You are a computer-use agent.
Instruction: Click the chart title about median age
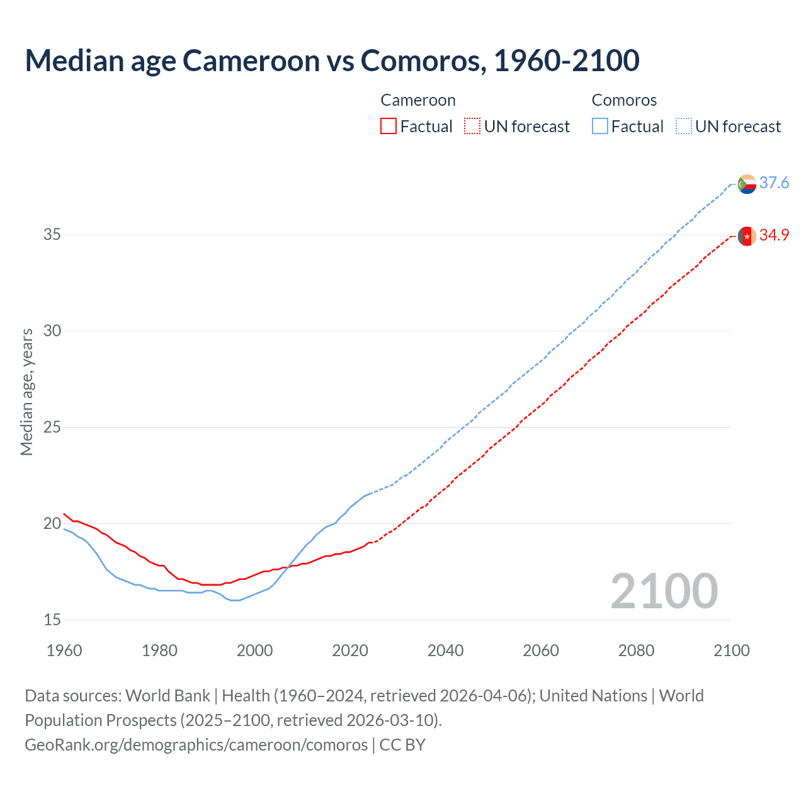[332, 60]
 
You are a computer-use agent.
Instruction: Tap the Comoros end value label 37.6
[774, 183]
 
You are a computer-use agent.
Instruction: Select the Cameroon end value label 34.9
[774, 235]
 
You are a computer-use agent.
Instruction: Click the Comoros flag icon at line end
[747, 184]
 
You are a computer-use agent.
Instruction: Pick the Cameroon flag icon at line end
[747, 236]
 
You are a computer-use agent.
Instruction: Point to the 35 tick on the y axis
[52, 235]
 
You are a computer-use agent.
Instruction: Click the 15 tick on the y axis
[52, 620]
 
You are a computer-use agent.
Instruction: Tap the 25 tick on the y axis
[52, 427]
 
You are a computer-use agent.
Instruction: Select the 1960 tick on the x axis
[64, 650]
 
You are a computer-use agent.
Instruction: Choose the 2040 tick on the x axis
[445, 650]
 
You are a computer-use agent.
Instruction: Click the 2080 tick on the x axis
[636, 650]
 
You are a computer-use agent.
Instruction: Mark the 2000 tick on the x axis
[254, 650]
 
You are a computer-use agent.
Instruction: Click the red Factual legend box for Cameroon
[389, 126]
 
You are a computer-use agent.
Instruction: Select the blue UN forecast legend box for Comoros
[684, 126]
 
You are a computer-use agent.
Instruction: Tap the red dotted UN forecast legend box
[472, 126]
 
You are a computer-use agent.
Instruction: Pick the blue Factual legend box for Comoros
[600, 126]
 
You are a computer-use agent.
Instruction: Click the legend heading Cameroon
[418, 100]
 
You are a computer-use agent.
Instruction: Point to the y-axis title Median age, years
[26, 392]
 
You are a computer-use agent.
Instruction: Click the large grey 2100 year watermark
[664, 591]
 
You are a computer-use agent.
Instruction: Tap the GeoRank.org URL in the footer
[196, 744]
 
